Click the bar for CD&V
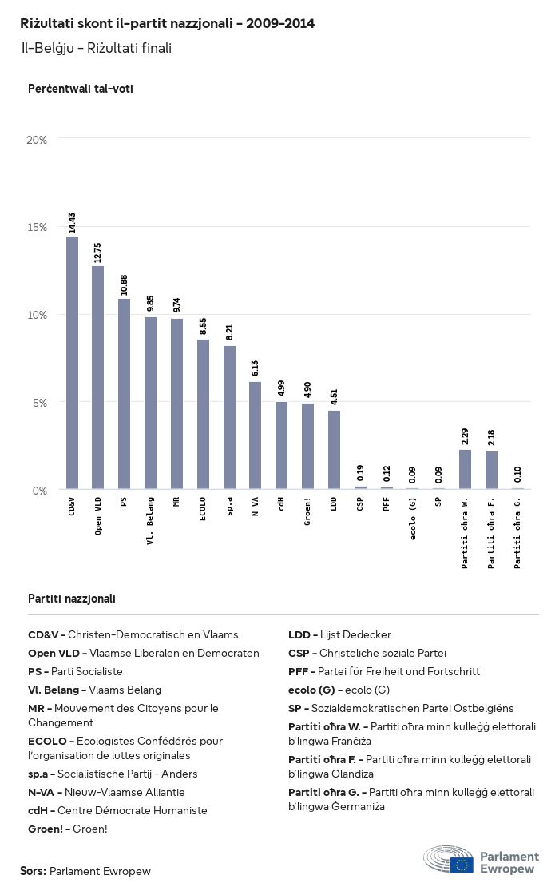72,363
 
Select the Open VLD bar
98,377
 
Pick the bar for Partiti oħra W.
465,469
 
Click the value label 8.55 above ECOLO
203,325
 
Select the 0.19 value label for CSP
360,471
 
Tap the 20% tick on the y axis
37,140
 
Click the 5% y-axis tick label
40,402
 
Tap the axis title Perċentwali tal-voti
80,89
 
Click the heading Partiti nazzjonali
72,598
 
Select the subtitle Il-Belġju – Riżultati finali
97,48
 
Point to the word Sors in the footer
33,870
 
